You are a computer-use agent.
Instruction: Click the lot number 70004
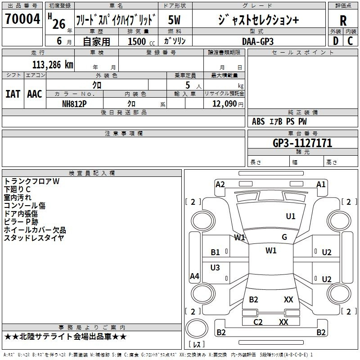point(22,19)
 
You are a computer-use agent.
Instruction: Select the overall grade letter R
point(343,21)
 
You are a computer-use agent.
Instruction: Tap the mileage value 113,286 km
point(53,65)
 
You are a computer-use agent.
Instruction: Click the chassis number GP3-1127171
point(302,143)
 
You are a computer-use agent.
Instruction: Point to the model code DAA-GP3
point(258,41)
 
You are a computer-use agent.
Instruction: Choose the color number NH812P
point(74,104)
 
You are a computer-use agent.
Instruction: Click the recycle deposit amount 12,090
point(225,103)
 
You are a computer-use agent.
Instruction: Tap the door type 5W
point(174,20)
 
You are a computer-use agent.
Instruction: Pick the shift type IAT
point(13,94)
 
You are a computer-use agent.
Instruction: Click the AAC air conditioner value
point(35,94)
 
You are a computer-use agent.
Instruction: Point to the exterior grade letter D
point(336,41)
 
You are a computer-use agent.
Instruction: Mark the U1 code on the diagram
point(291,216)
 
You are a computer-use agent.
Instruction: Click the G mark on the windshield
point(284,237)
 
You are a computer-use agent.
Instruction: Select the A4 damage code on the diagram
point(194,276)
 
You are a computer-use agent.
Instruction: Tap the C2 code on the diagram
point(258,322)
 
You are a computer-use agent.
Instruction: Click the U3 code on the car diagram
point(215,267)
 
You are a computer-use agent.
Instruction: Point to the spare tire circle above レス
point(197,328)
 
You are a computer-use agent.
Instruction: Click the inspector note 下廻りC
point(17,189)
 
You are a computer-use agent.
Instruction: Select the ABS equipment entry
point(258,121)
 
